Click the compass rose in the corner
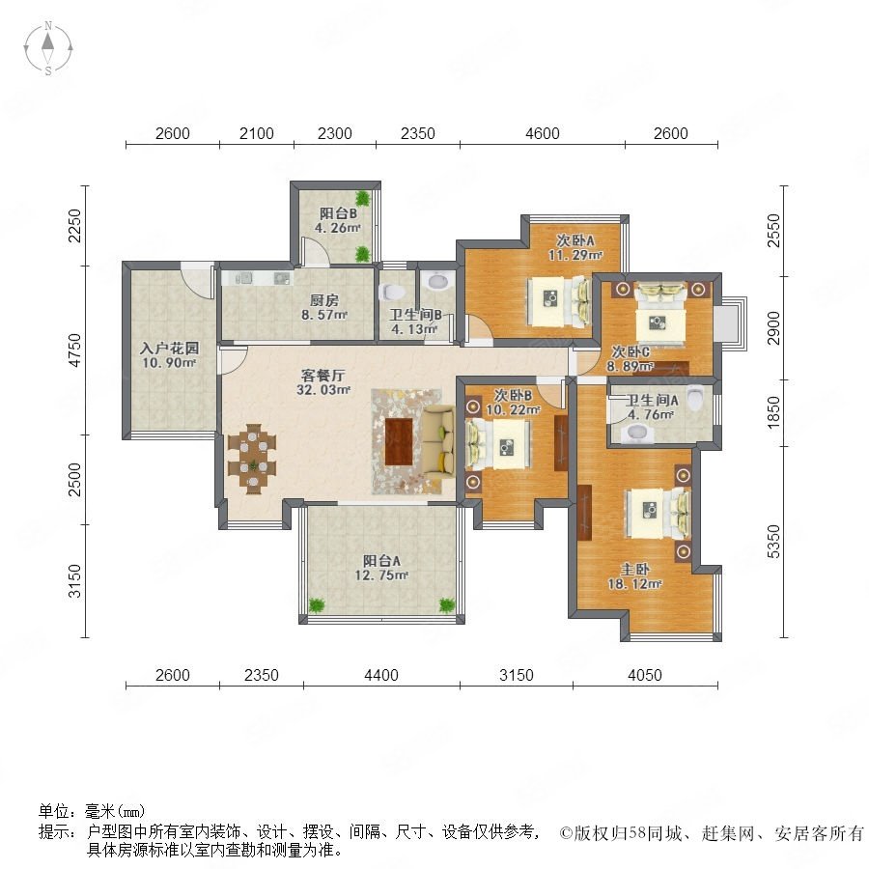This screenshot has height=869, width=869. (48, 48)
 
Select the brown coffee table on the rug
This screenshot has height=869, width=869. (399, 441)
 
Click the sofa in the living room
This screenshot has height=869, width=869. (437, 440)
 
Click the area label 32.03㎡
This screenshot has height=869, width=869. (323, 390)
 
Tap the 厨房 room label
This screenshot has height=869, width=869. (323, 301)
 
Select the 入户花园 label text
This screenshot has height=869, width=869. (169, 349)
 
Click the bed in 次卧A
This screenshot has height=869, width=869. (559, 300)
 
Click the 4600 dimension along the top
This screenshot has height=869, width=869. (542, 133)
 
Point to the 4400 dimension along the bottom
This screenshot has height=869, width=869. (381, 675)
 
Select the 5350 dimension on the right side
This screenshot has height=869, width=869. (773, 542)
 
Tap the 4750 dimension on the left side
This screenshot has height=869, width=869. (74, 350)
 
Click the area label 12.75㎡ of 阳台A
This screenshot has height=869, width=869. (381, 575)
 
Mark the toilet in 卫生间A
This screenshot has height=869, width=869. (695, 398)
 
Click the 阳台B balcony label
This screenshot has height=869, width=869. (338, 213)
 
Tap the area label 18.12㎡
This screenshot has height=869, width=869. (634, 583)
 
